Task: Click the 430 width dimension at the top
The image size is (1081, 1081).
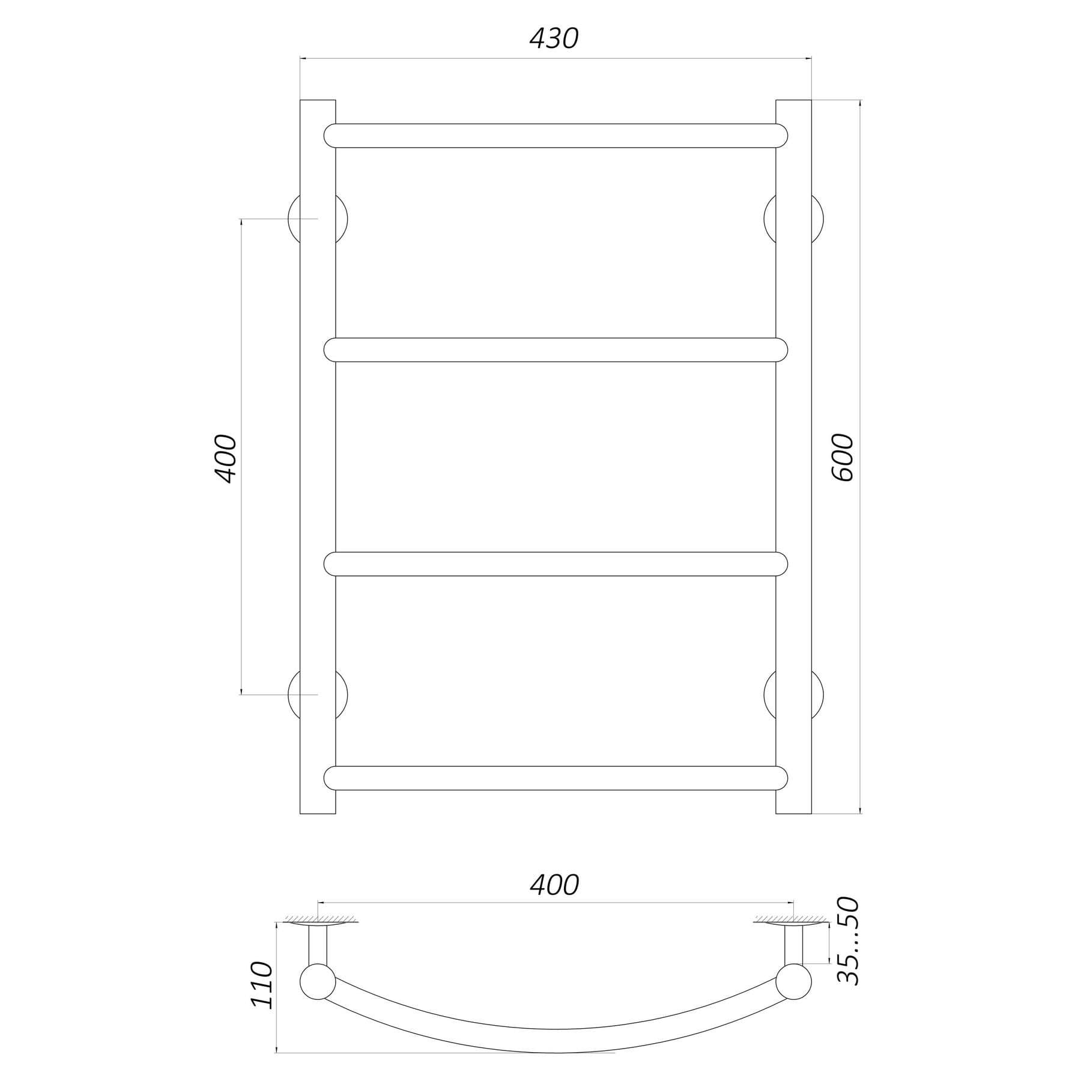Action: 554,38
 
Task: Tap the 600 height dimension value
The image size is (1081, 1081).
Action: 843,457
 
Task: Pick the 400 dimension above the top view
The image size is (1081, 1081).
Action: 554,885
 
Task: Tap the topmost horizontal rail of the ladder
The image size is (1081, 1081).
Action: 556,136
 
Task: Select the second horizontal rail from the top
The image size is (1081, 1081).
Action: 556,350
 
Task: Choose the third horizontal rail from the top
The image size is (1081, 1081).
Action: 556,564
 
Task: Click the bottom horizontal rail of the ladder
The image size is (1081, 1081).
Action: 556,778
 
